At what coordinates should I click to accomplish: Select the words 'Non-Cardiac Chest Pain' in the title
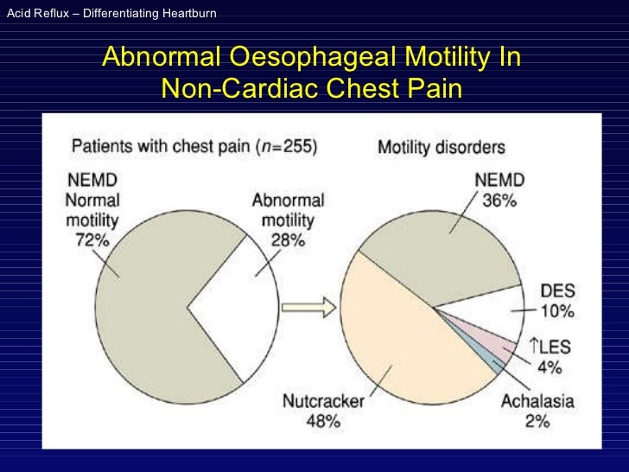311,88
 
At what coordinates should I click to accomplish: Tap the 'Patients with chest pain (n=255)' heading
193,146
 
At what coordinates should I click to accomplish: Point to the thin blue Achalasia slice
492,362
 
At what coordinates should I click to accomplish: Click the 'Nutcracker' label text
320,402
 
